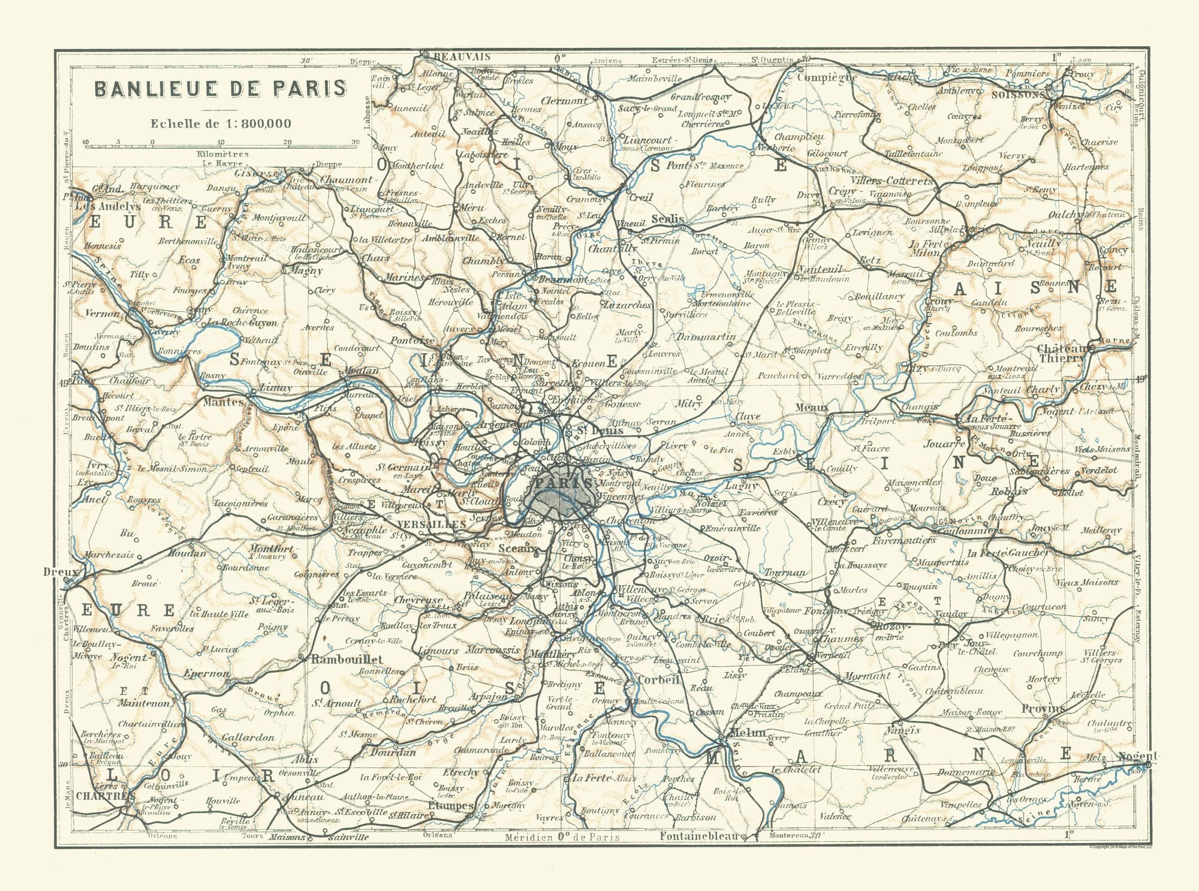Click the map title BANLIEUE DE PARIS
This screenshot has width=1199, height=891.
point(220,88)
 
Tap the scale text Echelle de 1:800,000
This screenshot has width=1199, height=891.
point(220,124)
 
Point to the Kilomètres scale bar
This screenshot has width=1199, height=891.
point(221,144)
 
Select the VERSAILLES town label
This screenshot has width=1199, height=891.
point(431,523)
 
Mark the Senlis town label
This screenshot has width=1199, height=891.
point(667,219)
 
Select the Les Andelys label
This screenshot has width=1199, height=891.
point(107,206)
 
